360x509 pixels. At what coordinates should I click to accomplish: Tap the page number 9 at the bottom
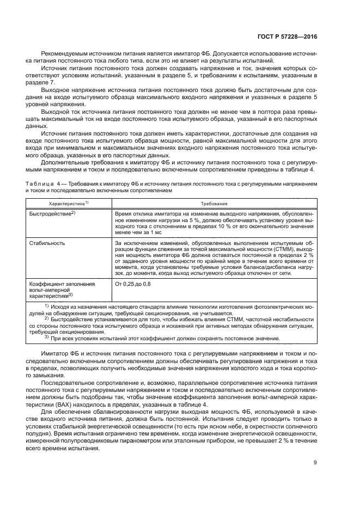(315, 463)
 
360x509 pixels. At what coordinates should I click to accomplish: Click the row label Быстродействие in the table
(52, 213)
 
